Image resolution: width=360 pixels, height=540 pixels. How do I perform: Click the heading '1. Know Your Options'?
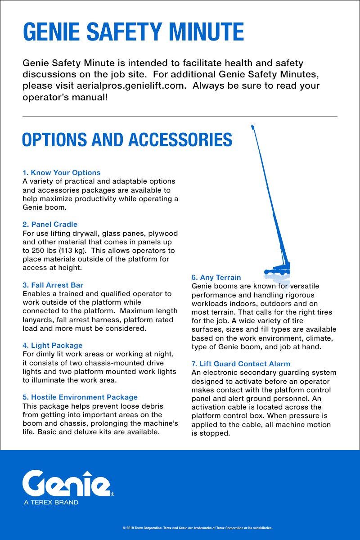coord(61,173)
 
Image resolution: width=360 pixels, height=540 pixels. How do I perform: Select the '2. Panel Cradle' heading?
coord(50,225)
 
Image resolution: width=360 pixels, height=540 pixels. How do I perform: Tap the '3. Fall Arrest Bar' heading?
coord(53,285)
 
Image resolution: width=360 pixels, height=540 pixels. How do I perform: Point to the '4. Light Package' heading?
coord(52,346)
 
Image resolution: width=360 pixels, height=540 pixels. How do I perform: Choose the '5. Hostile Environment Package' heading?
coord(80,397)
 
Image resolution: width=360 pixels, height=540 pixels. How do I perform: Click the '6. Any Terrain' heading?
coord(216,278)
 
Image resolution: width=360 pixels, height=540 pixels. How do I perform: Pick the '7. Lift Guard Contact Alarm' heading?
coord(241,364)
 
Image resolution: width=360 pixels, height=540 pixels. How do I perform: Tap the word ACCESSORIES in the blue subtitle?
coord(180,140)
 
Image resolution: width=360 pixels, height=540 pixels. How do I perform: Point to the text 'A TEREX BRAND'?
coord(51,502)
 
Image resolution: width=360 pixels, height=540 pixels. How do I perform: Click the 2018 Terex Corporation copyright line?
coord(198,528)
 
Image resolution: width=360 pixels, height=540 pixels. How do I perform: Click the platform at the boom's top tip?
coord(252,128)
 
